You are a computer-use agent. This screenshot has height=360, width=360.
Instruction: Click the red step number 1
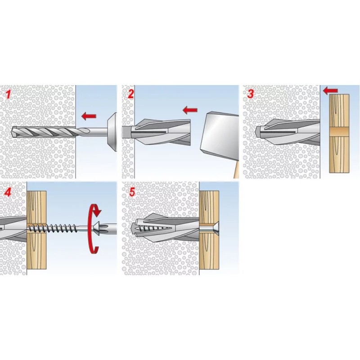click(x=8, y=94)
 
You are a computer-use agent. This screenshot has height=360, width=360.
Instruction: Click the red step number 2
click(x=130, y=94)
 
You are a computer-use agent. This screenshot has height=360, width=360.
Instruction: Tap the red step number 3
click(x=251, y=94)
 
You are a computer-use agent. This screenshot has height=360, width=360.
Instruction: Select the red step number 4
click(x=8, y=192)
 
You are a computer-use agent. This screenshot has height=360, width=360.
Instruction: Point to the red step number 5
click(x=132, y=192)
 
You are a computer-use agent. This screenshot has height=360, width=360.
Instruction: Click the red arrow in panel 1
click(x=89, y=116)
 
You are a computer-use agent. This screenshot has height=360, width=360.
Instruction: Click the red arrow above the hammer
click(x=190, y=110)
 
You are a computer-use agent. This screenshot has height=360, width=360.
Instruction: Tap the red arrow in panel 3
click(x=330, y=91)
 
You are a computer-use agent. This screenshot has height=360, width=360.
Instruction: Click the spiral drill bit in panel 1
click(x=44, y=132)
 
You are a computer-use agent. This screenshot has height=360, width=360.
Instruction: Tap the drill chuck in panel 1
click(x=112, y=132)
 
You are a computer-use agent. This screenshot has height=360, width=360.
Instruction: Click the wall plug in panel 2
click(x=156, y=132)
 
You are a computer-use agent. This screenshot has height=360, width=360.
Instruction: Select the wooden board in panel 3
click(x=339, y=134)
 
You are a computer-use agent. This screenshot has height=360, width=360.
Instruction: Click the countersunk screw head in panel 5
click(x=210, y=228)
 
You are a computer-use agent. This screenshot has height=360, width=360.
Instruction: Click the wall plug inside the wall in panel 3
click(x=288, y=133)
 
